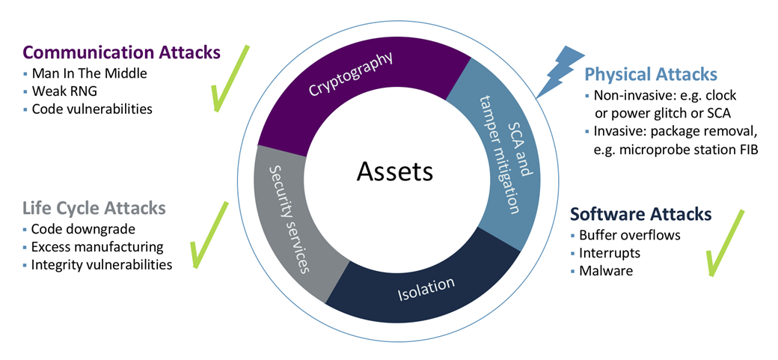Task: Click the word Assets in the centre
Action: (x=394, y=172)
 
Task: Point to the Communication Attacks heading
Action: (x=122, y=52)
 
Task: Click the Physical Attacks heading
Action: (x=651, y=75)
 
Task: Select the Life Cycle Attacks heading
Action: (x=94, y=208)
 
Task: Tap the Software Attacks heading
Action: (x=641, y=214)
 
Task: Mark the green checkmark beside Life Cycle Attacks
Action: (x=209, y=234)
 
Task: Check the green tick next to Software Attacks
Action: (x=723, y=243)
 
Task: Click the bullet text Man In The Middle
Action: (x=89, y=74)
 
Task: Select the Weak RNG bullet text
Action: (x=64, y=91)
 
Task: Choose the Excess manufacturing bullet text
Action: (x=97, y=247)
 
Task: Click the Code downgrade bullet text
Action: (x=83, y=230)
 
